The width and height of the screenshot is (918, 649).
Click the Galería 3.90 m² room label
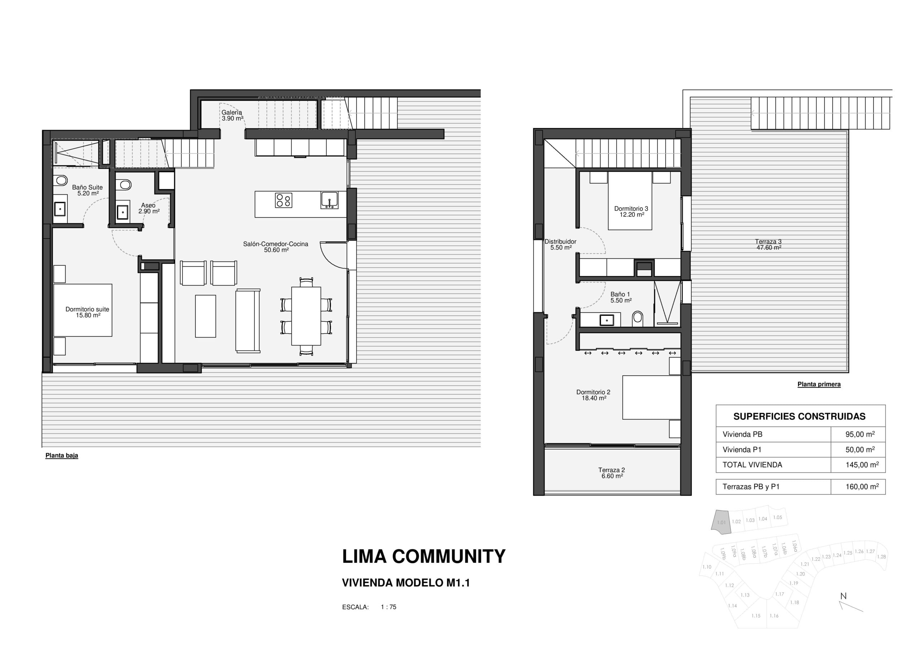tap(232, 116)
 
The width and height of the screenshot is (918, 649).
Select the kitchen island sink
tap(329, 200)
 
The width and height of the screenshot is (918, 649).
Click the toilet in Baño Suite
tap(61, 180)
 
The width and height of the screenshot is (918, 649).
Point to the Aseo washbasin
tap(122, 211)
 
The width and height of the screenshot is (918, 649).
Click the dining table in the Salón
tap(306, 316)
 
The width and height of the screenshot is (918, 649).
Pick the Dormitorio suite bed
tap(83, 310)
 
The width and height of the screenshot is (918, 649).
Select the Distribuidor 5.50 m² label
tap(560, 244)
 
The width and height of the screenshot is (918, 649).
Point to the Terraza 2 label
tap(611, 473)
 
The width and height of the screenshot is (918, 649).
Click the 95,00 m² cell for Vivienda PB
tap(860, 434)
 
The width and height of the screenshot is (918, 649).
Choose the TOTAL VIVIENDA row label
tap(752, 465)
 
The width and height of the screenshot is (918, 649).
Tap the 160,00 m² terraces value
tap(862, 486)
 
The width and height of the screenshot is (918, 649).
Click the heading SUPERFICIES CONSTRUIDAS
tap(799, 417)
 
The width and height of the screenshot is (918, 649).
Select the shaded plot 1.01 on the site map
tap(721, 522)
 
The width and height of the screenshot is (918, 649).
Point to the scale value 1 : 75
tap(388, 607)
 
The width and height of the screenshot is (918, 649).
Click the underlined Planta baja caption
tap(62, 455)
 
